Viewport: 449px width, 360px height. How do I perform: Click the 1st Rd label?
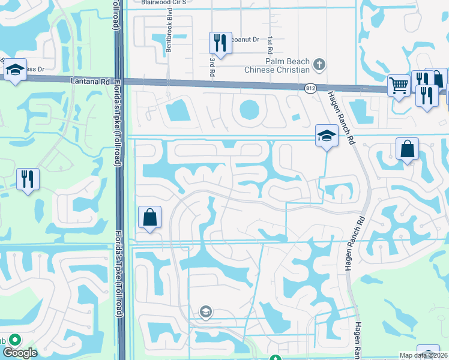[x=271, y=44]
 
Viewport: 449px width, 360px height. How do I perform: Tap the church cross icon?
[x=320, y=62]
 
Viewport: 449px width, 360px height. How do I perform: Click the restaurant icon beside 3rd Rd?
[x=220, y=43]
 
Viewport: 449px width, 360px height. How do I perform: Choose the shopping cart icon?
[x=399, y=85]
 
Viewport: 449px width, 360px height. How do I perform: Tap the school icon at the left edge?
[x=15, y=71]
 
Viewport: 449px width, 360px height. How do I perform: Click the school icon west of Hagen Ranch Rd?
[x=327, y=135]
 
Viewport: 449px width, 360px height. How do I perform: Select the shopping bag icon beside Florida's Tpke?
[x=150, y=217]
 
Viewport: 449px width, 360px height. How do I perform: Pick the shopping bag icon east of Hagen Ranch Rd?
[x=407, y=148]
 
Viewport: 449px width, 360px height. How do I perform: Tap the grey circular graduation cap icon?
[x=205, y=311]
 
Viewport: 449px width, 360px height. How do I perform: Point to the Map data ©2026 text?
[x=424, y=355]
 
